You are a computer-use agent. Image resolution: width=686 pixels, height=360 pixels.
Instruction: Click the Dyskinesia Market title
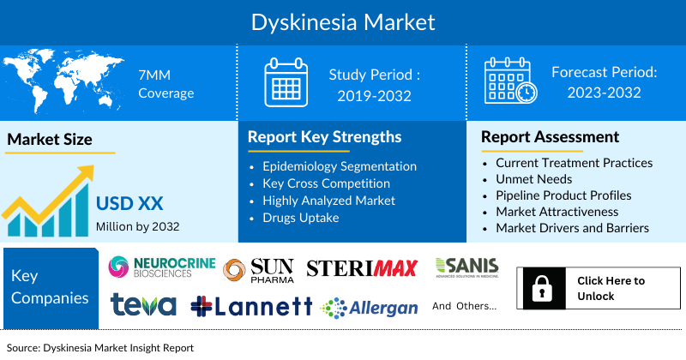(342, 21)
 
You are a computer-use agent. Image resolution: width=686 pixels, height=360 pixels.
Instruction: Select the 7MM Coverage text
(165, 84)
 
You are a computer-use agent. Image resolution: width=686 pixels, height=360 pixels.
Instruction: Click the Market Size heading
(50, 139)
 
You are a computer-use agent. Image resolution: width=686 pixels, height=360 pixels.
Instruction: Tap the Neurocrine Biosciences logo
(161, 268)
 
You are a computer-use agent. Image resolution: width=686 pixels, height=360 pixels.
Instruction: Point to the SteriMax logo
(362, 268)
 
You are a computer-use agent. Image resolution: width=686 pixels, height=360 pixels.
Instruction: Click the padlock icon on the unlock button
(544, 289)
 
